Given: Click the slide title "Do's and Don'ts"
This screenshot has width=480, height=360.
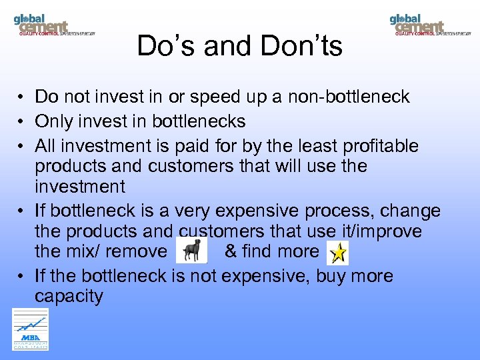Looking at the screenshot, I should click(x=239, y=46).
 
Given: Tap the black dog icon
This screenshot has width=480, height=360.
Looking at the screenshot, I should click(x=192, y=251).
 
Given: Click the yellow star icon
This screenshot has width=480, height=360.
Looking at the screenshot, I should click(x=338, y=252).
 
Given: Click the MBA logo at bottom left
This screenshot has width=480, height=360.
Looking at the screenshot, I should click(x=31, y=329).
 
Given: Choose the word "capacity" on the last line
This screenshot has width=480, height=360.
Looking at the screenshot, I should click(x=69, y=296).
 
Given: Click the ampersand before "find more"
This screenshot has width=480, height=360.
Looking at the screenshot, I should click(x=231, y=251).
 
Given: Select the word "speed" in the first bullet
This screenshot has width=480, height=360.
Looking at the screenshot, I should click(x=213, y=97).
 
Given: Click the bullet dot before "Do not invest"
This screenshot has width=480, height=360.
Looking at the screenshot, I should click(x=22, y=97).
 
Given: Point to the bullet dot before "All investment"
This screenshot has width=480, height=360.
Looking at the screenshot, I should click(x=22, y=146).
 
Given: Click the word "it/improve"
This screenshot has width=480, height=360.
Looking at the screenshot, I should click(x=386, y=231).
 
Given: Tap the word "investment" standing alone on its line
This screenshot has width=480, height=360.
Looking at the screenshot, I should click(x=79, y=186).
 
